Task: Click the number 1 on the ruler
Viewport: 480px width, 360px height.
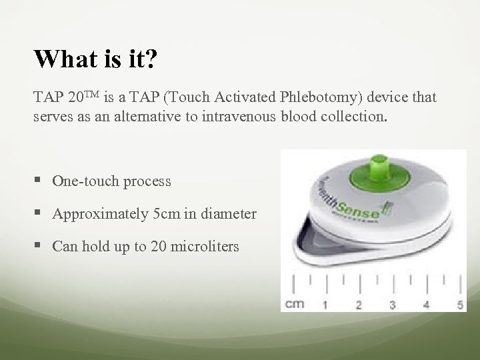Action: click(325, 305)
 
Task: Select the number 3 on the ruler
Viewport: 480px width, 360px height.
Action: click(392, 305)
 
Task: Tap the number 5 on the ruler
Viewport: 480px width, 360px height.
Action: click(460, 305)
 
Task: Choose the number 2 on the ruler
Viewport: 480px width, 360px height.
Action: click(358, 305)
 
